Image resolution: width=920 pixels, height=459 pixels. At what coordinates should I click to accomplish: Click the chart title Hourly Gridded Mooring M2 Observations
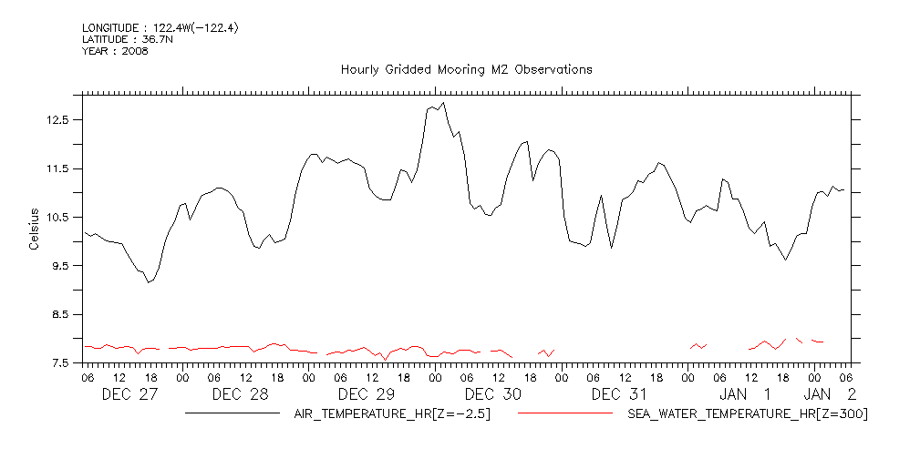tap(466, 69)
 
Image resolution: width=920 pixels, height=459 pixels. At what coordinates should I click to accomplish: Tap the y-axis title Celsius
tap(34, 229)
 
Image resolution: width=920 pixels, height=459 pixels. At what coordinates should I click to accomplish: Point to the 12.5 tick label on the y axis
tap(59, 119)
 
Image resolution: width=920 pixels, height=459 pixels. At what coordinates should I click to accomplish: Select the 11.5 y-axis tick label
tap(59, 168)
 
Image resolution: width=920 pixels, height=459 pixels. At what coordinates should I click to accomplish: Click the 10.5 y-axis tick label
tap(59, 217)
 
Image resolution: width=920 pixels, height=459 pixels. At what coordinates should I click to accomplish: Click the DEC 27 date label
tap(129, 394)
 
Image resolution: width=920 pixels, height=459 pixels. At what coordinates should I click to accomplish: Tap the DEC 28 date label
tap(240, 394)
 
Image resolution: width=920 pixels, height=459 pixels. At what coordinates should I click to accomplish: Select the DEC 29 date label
tap(366, 394)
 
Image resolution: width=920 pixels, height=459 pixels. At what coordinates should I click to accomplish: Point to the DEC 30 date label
tap(492, 394)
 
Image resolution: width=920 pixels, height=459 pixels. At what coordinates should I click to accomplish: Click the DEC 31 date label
tap(619, 394)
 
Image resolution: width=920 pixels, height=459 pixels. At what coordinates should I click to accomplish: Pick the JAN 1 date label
tap(745, 394)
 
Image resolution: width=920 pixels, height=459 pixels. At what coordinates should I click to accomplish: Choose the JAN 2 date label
tap(830, 394)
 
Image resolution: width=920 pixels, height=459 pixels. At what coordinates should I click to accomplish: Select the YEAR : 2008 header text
tap(115, 51)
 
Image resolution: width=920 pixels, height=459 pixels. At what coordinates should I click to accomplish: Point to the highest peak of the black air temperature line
tap(443, 104)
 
